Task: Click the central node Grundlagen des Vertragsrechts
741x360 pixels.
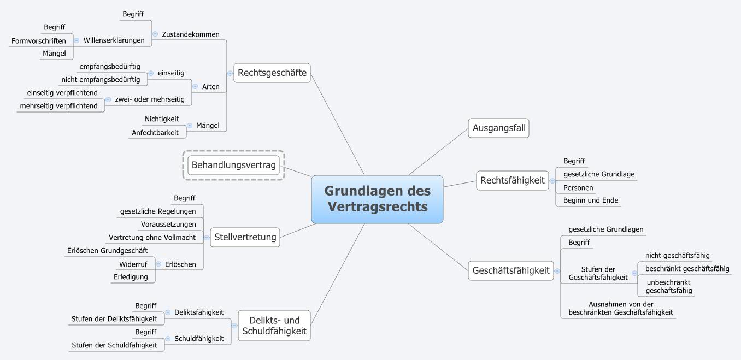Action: pos(377,199)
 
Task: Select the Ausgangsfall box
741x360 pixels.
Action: pos(498,128)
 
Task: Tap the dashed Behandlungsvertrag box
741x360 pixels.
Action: pos(233,164)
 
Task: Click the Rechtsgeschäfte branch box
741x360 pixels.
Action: pos(272,73)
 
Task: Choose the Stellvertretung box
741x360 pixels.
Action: pos(245,237)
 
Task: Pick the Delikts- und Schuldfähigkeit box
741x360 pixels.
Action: pos(274,326)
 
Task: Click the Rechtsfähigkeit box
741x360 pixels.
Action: pos(512,180)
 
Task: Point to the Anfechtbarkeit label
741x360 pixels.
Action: pos(155,133)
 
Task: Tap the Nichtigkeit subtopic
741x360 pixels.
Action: pos(162,119)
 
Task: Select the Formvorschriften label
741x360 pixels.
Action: pos(38,41)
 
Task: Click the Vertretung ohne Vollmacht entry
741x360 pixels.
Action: pos(152,238)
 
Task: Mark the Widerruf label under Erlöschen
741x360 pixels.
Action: pos(133,264)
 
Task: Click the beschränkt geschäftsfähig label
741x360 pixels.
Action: pos(687,269)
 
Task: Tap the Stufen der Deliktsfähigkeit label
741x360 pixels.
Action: pos(114,319)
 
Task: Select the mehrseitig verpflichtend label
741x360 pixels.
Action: pos(58,106)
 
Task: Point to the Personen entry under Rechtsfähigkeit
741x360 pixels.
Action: pos(578,188)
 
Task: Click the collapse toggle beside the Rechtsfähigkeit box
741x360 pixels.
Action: pos(552,180)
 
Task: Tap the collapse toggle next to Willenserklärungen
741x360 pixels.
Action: pos(77,40)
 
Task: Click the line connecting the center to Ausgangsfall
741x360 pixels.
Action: pos(437,152)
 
